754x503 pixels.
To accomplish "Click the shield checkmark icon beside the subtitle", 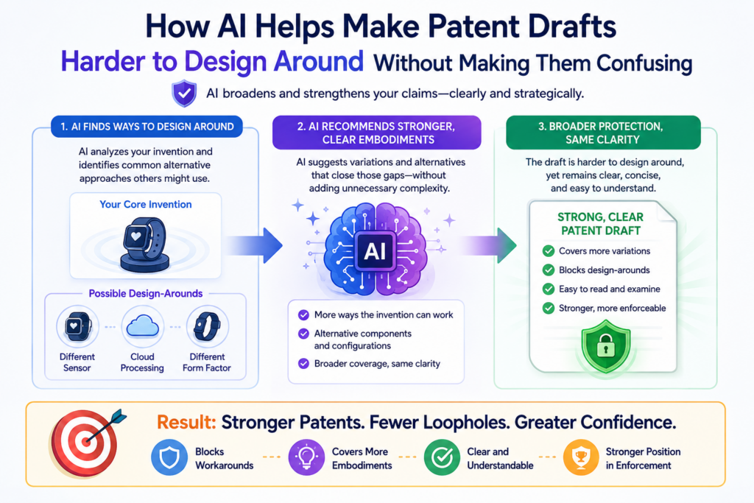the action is click(184, 94).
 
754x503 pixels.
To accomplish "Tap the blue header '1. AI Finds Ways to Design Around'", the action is click(147, 127).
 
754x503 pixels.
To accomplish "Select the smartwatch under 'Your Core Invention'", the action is click(145, 245).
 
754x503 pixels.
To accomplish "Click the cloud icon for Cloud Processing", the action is click(142, 327).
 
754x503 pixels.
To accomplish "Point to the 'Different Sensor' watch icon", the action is click(77, 326).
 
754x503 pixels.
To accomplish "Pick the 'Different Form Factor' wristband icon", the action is click(207, 326).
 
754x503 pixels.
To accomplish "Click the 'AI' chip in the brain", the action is click(375, 250).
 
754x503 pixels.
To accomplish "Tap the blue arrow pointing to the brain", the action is click(253, 245).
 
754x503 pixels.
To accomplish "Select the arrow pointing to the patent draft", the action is click(487, 245).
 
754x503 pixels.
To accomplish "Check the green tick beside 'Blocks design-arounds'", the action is click(548, 270).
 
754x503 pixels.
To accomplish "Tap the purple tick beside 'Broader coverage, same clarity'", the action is click(303, 364).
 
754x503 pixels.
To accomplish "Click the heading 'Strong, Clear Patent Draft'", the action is click(601, 224).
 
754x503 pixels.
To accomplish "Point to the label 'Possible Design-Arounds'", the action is click(146, 293).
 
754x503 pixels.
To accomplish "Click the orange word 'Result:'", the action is click(186, 422).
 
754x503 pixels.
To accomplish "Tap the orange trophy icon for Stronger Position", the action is click(581, 457).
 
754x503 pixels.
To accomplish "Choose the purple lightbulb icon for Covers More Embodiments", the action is click(306, 457).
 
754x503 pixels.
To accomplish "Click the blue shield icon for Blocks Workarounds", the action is click(169, 457).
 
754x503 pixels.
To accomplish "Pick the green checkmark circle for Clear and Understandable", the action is click(443, 457).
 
